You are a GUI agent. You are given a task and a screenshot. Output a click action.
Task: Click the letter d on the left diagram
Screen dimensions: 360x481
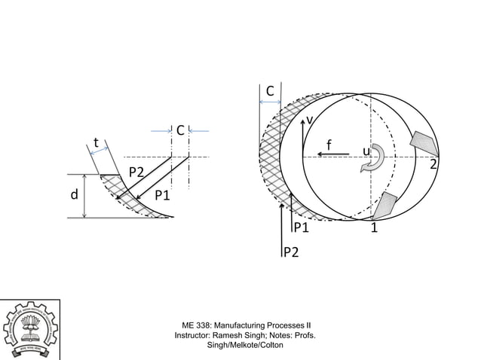tap(75, 195)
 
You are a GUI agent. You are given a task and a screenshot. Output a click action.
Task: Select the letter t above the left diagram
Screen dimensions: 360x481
tap(96, 142)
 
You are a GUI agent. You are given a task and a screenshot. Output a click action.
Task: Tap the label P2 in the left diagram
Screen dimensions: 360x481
tap(136, 172)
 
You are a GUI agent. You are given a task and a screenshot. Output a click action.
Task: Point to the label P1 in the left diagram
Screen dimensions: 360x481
tap(163, 196)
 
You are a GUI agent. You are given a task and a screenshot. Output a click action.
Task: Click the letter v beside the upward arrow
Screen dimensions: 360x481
tap(309, 121)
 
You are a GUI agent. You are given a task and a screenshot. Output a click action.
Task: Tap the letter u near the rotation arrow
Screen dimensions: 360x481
tap(366, 152)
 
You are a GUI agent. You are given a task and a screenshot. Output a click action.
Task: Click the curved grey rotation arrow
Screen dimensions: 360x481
tap(375, 160)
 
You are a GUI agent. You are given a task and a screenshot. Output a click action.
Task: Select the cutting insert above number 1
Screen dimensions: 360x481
tap(385, 204)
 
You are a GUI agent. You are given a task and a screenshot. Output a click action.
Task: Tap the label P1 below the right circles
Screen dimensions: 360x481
tap(302, 227)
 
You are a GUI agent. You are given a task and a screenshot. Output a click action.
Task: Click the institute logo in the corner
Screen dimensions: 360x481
tap(29, 329)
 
